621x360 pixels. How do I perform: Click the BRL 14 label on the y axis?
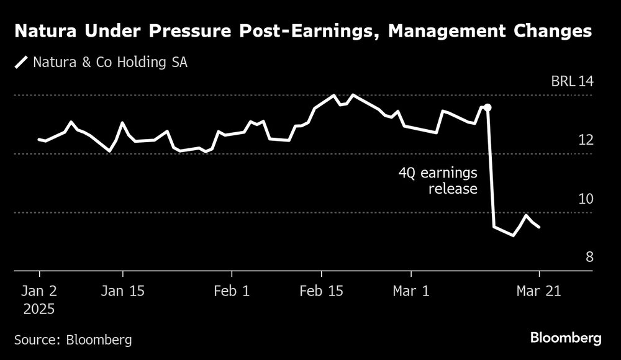click(x=572, y=81)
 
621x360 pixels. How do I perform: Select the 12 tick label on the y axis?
click(x=586, y=140)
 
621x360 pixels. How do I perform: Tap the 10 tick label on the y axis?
click(x=586, y=199)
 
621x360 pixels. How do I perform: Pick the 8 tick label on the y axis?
click(x=589, y=257)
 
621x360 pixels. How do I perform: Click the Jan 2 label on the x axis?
click(x=39, y=290)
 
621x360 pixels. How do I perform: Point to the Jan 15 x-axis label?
click(x=122, y=290)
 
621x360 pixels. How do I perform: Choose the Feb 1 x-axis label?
click(x=231, y=290)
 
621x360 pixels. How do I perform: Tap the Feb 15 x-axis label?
click(x=321, y=290)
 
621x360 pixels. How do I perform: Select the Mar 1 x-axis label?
click(x=410, y=290)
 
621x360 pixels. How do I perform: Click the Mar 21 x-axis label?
click(x=539, y=290)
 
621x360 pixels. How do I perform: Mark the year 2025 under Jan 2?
click(x=39, y=308)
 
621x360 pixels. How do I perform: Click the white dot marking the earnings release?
click(x=487, y=107)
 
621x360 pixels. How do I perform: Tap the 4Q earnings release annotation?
click(x=438, y=181)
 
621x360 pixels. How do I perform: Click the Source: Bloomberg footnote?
click(x=73, y=339)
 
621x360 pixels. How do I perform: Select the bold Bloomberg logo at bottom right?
click(x=566, y=338)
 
